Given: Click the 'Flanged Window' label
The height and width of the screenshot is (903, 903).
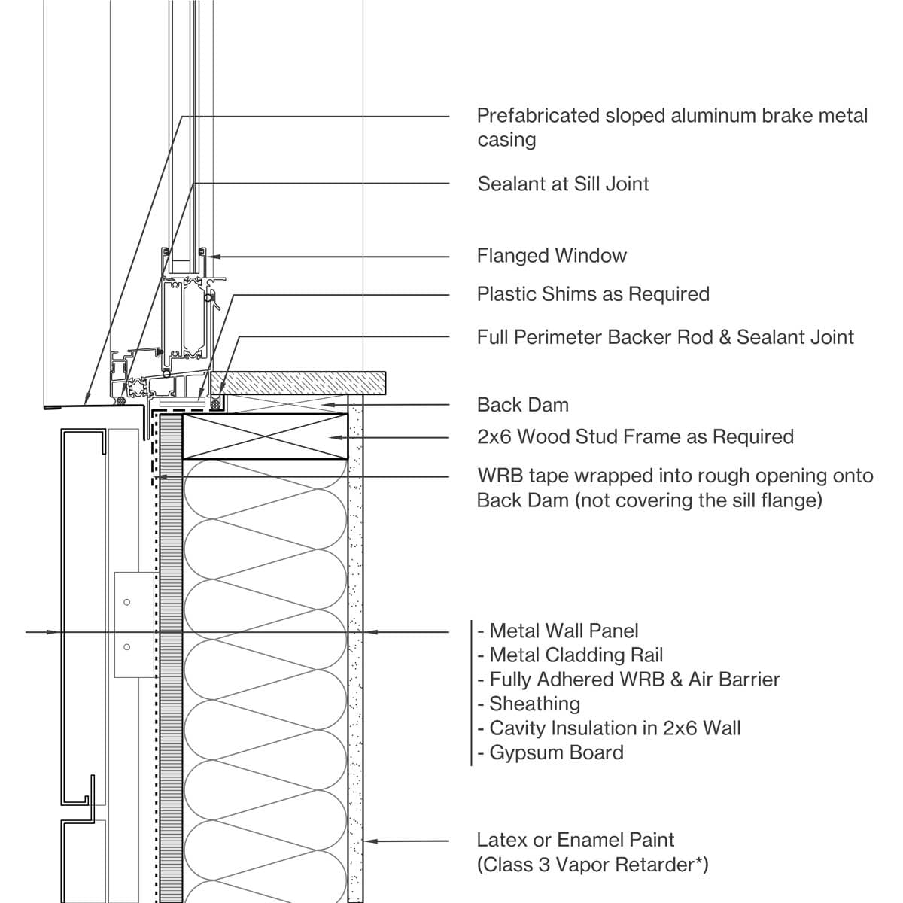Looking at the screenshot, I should pyautogui.click(x=552, y=256).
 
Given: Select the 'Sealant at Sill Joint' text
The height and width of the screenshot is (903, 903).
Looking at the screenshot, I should pyautogui.click(x=563, y=184).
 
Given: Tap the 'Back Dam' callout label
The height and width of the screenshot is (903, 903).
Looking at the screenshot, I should pyautogui.click(x=522, y=405).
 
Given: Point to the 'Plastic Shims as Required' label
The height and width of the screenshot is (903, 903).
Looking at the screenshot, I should pyautogui.click(x=593, y=294).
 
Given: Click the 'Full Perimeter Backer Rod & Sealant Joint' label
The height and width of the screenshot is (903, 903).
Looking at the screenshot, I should pyautogui.click(x=665, y=337).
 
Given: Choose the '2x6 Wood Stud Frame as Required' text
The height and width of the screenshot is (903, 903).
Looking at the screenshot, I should pyautogui.click(x=635, y=437).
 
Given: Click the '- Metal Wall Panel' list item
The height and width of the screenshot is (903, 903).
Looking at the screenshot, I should pyautogui.click(x=558, y=631).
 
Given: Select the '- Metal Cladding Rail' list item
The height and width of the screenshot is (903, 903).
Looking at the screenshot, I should pyautogui.click(x=570, y=655).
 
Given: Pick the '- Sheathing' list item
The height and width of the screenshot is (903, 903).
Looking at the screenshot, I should pyautogui.click(x=528, y=704).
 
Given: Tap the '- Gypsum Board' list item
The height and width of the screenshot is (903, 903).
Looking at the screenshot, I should pyautogui.click(x=550, y=752).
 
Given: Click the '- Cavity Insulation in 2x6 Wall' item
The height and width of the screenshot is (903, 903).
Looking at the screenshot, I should pyautogui.click(x=609, y=728).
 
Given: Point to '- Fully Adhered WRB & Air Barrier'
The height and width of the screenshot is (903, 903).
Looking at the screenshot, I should pyautogui.click(x=628, y=680).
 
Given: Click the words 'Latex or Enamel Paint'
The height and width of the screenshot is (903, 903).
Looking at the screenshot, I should pyautogui.click(x=576, y=840).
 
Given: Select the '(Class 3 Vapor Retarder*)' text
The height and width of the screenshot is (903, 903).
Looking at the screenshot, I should pyautogui.click(x=592, y=865).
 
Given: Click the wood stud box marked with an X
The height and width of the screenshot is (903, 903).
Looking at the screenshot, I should pyautogui.click(x=265, y=436).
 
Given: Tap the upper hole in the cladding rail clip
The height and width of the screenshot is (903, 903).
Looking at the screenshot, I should pyautogui.click(x=126, y=602).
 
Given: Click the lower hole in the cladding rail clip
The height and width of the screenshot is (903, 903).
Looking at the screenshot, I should pyautogui.click(x=126, y=647).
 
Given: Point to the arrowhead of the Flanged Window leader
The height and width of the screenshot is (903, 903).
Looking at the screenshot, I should pyautogui.click(x=214, y=257).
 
